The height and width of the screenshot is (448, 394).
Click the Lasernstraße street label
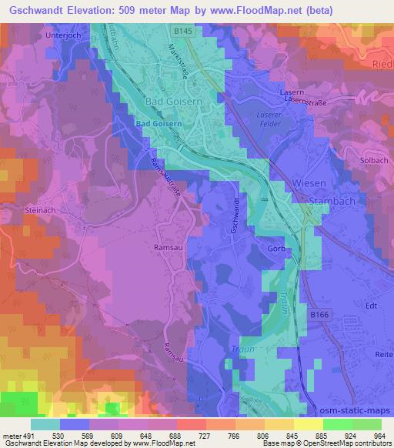coord(304,99)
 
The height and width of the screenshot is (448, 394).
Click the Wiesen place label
coord(309,185)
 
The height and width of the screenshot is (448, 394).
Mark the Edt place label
coord(372,305)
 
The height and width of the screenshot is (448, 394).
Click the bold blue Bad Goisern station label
coord(158,123)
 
